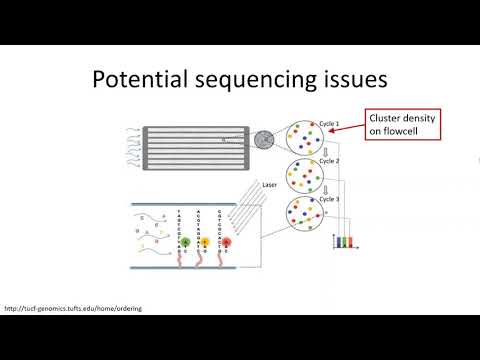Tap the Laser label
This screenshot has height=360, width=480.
(x=267, y=185)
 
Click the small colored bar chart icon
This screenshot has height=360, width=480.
(x=344, y=242)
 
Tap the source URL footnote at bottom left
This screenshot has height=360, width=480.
(x=73, y=308)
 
